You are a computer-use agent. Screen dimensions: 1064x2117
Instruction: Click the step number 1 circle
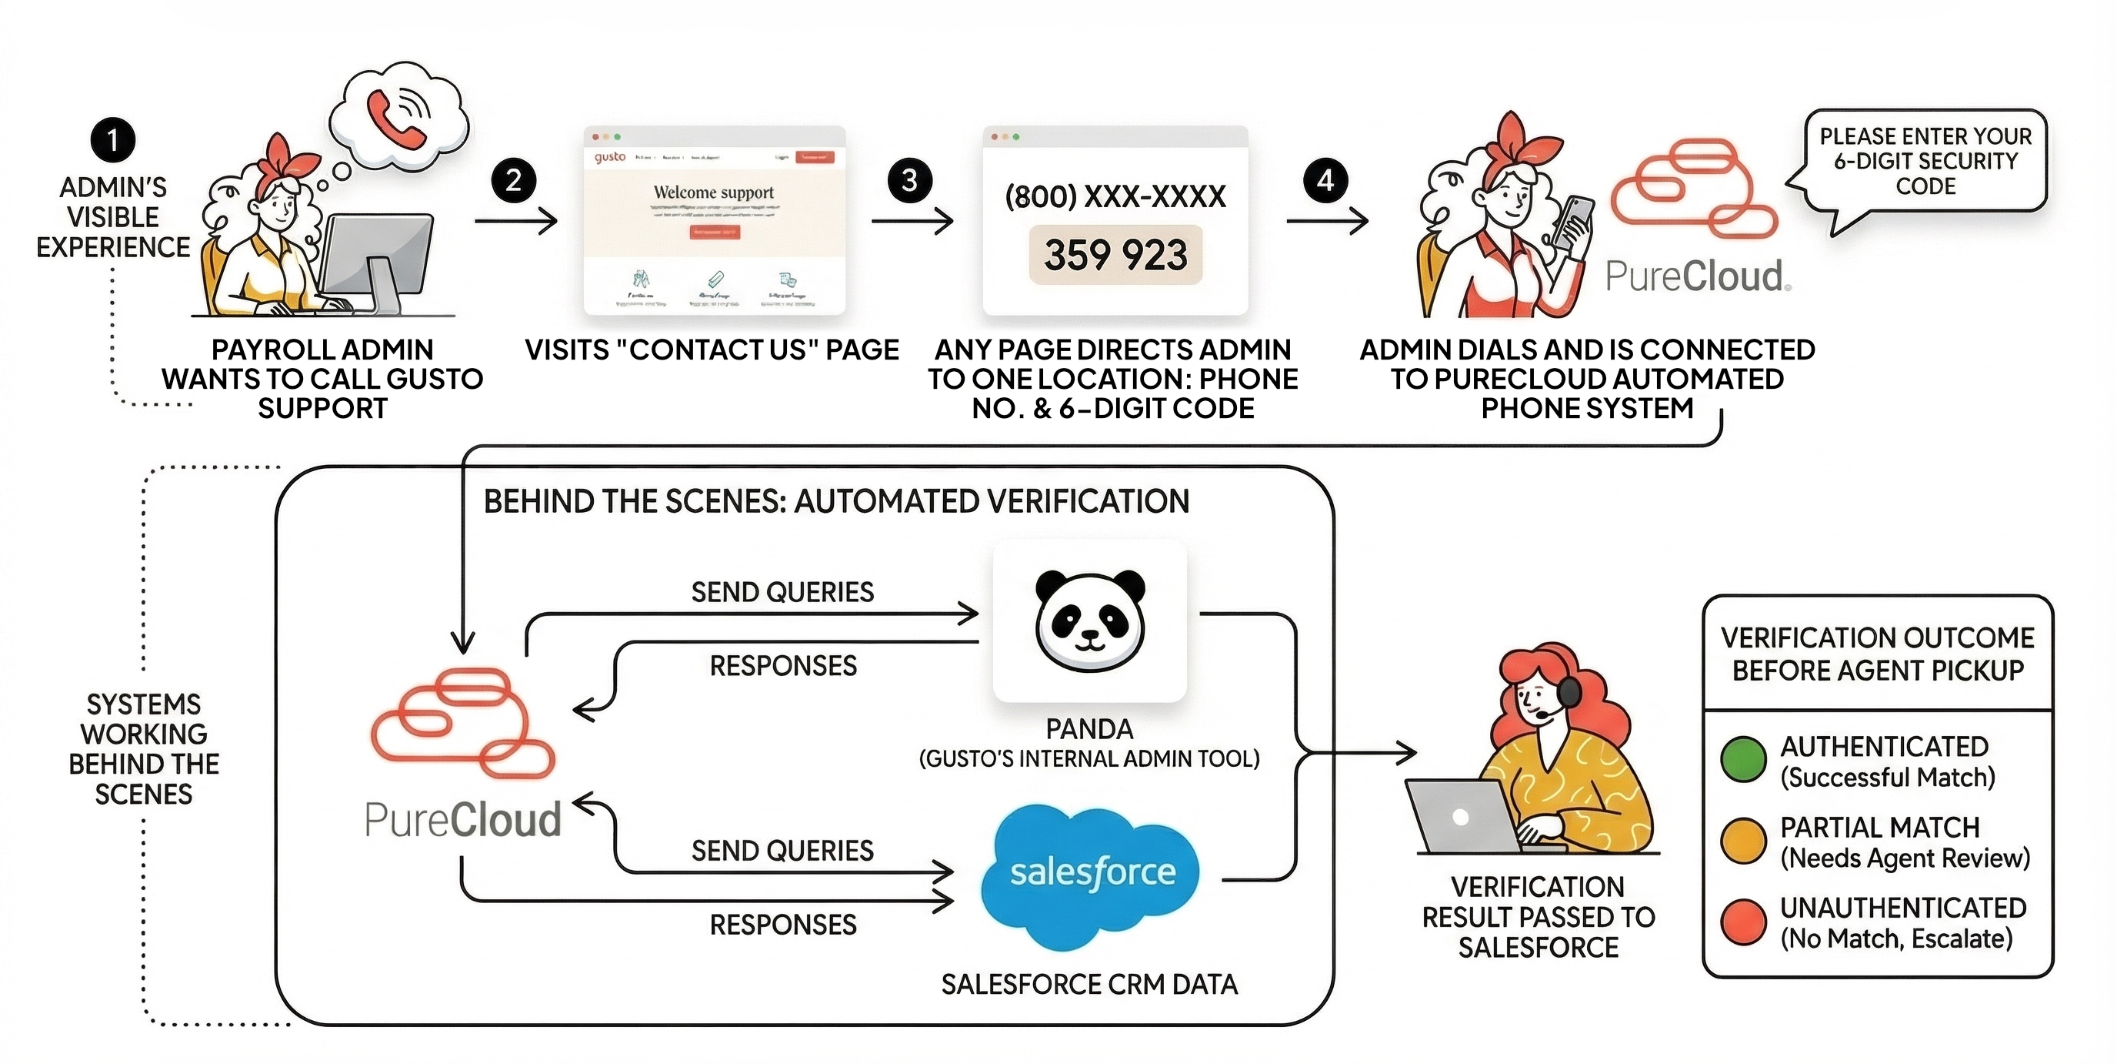tap(112, 140)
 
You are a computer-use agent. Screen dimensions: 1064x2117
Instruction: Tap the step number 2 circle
tap(514, 180)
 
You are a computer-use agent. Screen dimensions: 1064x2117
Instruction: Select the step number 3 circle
tap(909, 180)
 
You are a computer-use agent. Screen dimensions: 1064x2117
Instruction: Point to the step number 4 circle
tap(1325, 180)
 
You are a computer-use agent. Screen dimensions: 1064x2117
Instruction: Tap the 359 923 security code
tap(1115, 255)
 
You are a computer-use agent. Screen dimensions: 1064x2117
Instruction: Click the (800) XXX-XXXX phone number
tap(1115, 196)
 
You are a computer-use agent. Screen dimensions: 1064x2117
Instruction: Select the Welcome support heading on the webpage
tap(713, 192)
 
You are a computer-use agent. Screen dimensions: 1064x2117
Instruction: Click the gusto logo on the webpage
tap(610, 157)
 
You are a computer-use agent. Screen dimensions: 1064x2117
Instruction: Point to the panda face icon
tap(1090, 621)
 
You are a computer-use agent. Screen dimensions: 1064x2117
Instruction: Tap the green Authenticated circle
tap(1743, 760)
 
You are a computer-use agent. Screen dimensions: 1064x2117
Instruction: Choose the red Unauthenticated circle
tap(1743, 922)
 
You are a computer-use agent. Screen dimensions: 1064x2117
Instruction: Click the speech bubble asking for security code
tap(1925, 161)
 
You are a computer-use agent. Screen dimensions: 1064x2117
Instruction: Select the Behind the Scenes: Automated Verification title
tap(835, 501)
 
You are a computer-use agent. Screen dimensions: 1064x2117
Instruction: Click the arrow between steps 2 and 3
tap(912, 220)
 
